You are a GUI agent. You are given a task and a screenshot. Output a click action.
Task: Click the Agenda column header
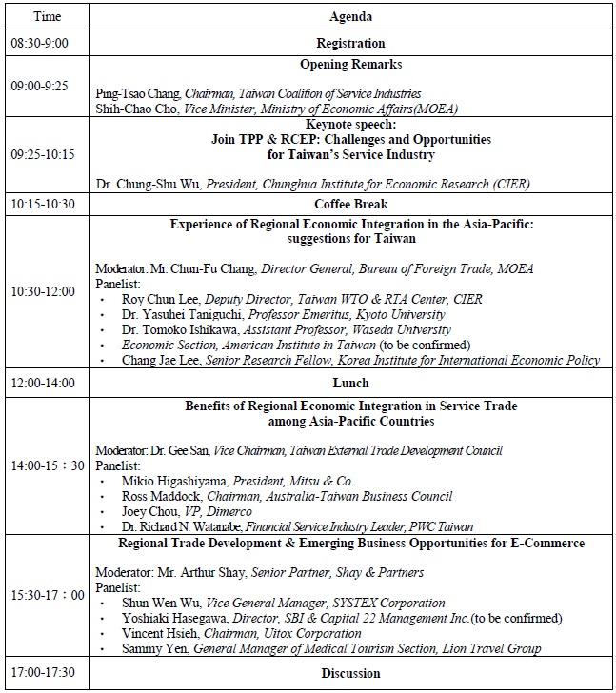pos(350,17)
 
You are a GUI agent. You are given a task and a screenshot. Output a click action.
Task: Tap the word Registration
pos(350,44)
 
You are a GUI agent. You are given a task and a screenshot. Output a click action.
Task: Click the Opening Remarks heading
pos(350,65)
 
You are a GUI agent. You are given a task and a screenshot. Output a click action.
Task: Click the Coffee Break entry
pos(350,205)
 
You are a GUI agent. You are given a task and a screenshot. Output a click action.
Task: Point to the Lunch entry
pos(350,384)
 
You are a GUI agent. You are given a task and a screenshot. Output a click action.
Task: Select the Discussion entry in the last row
pos(350,674)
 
